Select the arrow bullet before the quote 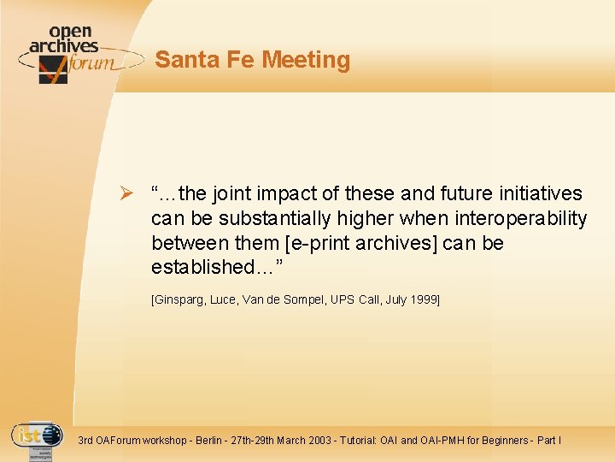point(125,194)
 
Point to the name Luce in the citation point(224,299)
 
